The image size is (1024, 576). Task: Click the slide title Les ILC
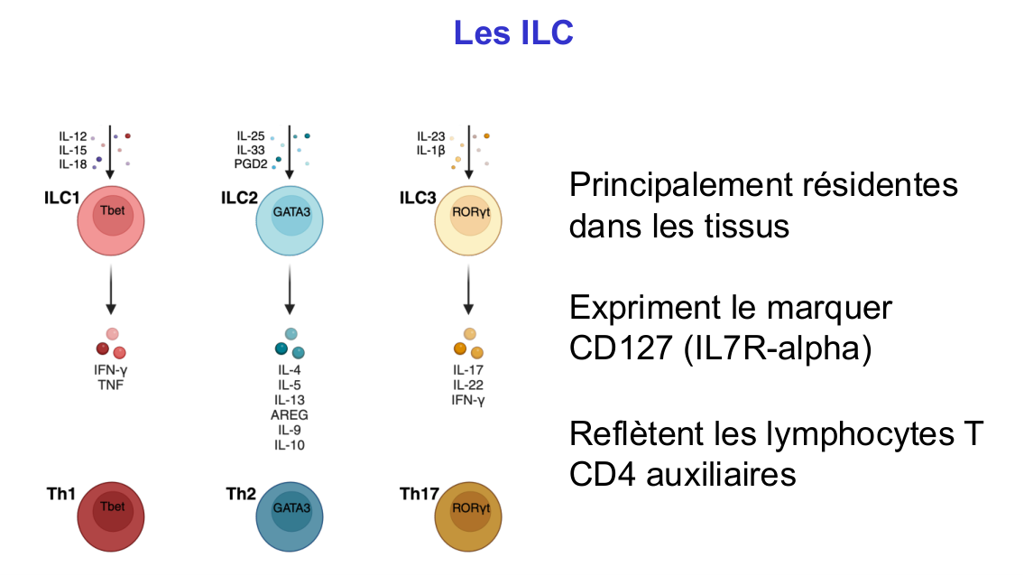point(512,33)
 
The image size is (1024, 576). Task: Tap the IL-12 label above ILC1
point(73,136)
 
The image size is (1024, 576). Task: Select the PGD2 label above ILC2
point(250,163)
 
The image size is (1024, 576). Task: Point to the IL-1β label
point(431,150)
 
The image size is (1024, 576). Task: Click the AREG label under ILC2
point(291,414)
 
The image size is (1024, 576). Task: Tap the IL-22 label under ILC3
point(468,385)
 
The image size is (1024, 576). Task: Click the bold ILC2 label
point(239,198)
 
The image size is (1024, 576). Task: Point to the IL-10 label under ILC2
point(291,444)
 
